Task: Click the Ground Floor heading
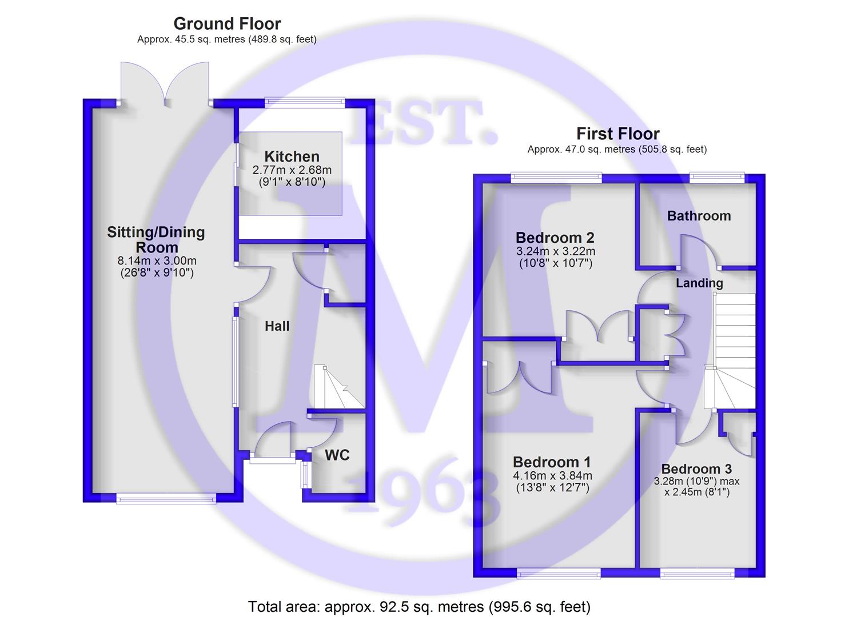[x=227, y=24]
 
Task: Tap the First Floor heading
[x=618, y=134]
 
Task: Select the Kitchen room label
[x=292, y=157]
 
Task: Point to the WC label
[x=337, y=455]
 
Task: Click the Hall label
[x=277, y=326]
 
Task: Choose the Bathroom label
[x=699, y=216]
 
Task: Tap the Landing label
[x=699, y=283]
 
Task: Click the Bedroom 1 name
[x=552, y=462]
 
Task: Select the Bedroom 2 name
[x=555, y=238]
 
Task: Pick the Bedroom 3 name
[x=696, y=469]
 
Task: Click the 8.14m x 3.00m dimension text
[x=157, y=261]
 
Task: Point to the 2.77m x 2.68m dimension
[x=292, y=170]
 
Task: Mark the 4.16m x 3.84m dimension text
[x=553, y=475]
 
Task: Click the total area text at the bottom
[x=419, y=606]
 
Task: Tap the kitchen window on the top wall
[x=305, y=101]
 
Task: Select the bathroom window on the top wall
[x=717, y=176]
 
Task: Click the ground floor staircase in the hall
[x=339, y=387]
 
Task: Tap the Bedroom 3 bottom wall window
[x=697, y=574]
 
